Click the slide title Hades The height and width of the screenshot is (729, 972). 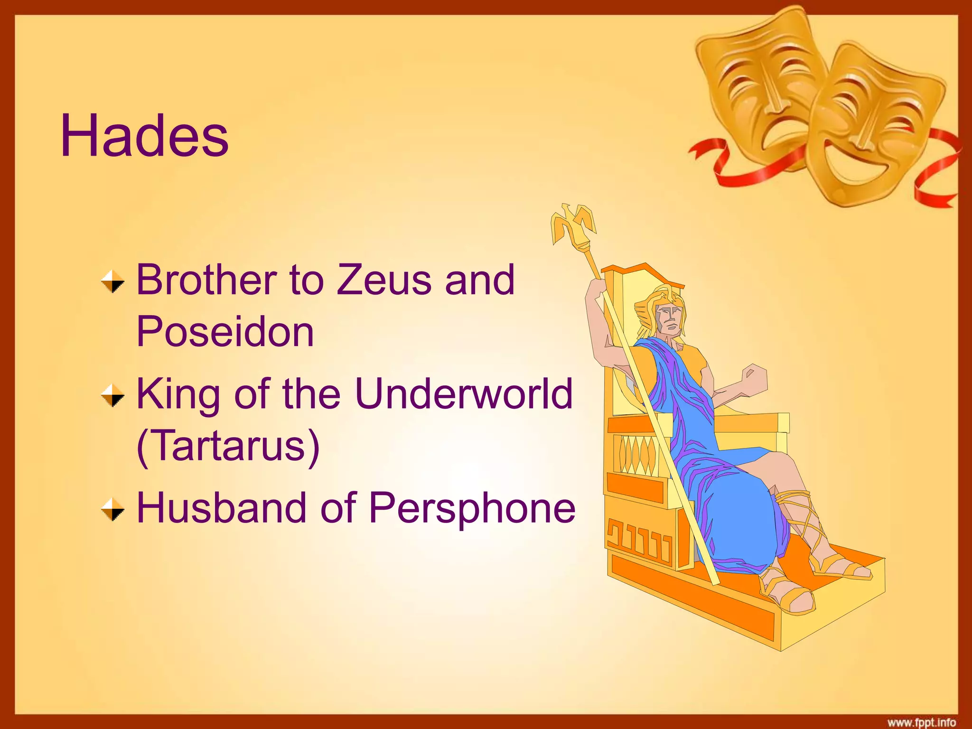(x=144, y=137)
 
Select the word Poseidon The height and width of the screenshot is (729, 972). (x=225, y=332)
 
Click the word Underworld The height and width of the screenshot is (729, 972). (x=464, y=394)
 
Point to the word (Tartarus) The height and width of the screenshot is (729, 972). (x=228, y=446)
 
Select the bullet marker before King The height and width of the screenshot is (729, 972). (x=112, y=395)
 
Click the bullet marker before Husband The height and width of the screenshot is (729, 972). (x=112, y=509)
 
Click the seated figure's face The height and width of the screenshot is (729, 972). (x=669, y=317)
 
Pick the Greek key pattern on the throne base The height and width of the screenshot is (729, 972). (x=638, y=541)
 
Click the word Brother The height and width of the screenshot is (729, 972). (x=207, y=280)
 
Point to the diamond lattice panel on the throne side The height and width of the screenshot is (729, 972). (x=636, y=453)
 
